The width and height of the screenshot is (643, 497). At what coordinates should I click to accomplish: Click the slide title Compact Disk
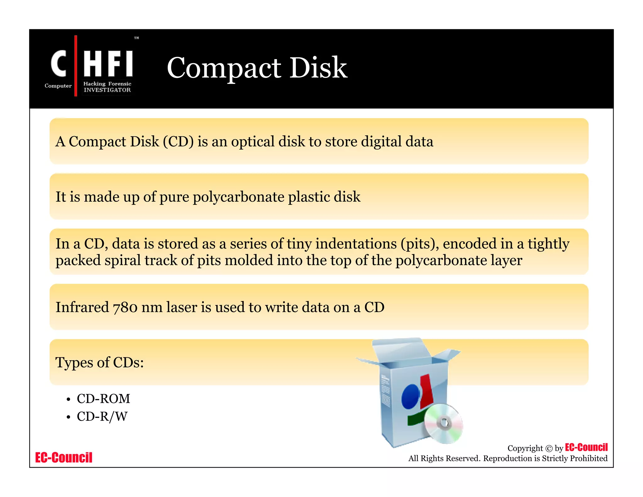(x=257, y=68)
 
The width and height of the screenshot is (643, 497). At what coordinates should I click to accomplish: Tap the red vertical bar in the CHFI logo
(x=76, y=66)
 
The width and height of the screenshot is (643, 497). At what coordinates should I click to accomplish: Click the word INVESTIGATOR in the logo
(x=107, y=90)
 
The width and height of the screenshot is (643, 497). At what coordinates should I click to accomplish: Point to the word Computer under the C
(x=58, y=86)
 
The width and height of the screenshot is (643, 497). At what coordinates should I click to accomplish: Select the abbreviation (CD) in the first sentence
(x=178, y=142)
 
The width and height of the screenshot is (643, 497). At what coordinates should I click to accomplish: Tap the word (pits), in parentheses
(x=420, y=244)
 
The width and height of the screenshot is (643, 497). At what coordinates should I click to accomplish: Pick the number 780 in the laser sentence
(x=125, y=308)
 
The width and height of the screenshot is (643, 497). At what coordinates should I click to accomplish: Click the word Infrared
(x=82, y=307)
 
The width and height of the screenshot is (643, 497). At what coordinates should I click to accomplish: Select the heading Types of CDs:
(x=100, y=363)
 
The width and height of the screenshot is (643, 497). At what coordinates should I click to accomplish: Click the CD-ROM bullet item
(x=103, y=399)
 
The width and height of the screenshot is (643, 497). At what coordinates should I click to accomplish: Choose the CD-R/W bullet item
(x=102, y=417)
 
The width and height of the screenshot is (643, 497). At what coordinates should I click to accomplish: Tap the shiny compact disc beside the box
(x=443, y=423)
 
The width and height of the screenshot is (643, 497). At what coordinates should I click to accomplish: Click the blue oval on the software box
(x=410, y=397)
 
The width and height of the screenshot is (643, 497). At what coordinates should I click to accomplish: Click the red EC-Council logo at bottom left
(x=64, y=457)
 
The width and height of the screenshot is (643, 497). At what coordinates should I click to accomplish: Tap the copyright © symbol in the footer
(x=549, y=449)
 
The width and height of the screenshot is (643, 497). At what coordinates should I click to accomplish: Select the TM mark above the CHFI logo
(x=137, y=38)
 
